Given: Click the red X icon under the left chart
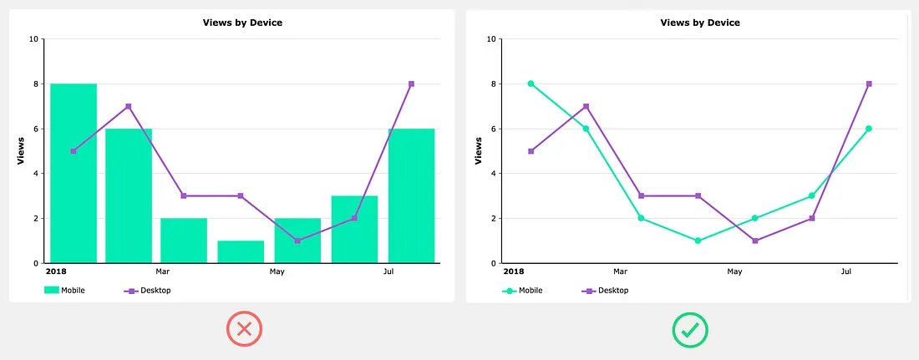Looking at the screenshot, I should [x=244, y=329].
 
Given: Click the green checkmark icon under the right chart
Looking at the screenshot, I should [x=690, y=329].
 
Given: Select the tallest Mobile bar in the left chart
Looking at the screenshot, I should [x=74, y=172].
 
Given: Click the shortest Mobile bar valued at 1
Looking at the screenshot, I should [x=241, y=251].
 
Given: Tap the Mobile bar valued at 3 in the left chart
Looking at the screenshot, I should [x=354, y=229].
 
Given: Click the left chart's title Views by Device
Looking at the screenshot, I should [x=242, y=23].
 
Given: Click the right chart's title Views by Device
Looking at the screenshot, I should [x=699, y=23].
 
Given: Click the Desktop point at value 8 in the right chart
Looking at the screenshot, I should [x=869, y=84].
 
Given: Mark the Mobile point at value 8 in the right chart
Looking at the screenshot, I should [x=531, y=84].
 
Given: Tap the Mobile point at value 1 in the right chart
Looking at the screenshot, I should [x=698, y=241].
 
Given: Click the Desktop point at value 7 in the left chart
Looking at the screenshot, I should [x=129, y=106].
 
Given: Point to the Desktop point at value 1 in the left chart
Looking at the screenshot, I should [x=297, y=241].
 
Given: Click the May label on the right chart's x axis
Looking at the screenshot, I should [x=734, y=271].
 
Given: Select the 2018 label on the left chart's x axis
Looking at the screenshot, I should [x=56, y=271].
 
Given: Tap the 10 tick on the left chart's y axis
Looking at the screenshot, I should [x=33, y=38].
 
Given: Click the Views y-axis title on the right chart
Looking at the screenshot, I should [x=479, y=151].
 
